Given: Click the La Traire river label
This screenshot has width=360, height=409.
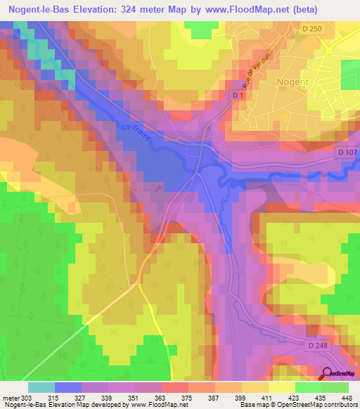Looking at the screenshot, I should [x=134, y=131].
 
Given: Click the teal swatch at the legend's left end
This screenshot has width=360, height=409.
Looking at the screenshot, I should [x=41, y=387].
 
